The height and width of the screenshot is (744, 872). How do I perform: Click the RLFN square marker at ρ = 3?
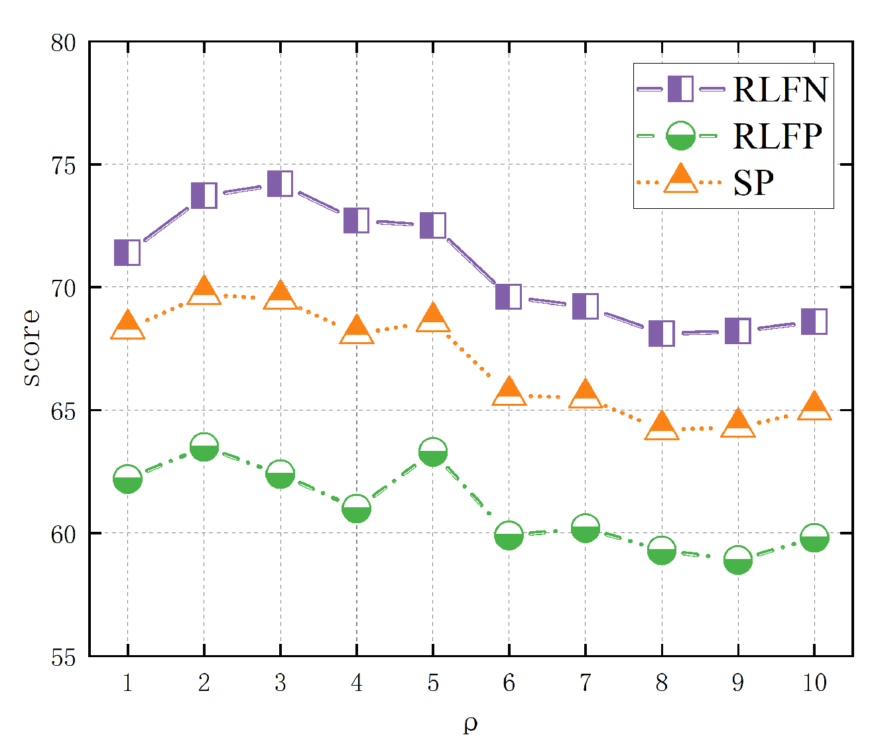click(280, 184)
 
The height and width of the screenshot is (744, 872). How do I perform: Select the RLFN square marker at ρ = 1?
click(127, 253)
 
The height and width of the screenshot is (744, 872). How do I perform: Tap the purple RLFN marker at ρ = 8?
click(661, 334)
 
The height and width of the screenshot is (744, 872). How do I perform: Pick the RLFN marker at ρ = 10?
click(814, 322)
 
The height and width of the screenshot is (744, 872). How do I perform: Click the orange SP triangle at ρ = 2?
click(204, 291)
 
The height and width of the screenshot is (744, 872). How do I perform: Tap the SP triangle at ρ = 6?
click(509, 392)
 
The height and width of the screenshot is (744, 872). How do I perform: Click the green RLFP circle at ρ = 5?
click(432, 452)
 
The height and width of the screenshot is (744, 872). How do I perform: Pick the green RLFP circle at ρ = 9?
click(737, 561)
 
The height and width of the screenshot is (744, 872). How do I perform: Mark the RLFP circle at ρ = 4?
click(356, 509)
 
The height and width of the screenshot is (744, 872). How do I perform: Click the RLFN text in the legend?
click(780, 90)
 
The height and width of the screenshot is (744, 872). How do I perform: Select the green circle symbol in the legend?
click(680, 136)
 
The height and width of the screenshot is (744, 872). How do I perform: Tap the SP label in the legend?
click(754, 182)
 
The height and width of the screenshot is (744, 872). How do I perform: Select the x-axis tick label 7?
click(585, 682)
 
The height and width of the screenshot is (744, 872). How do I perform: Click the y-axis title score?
click(31, 348)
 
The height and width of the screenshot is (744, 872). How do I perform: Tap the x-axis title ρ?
click(470, 724)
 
